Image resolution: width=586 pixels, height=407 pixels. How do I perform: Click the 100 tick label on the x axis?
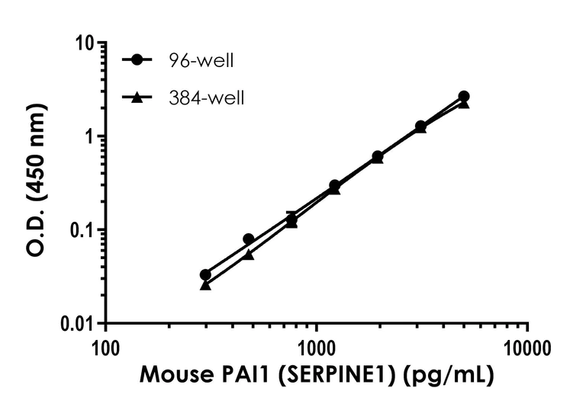(105, 349)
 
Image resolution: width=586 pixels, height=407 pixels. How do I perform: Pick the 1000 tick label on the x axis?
(316, 349)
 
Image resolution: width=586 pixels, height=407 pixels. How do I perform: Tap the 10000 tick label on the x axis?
(527, 349)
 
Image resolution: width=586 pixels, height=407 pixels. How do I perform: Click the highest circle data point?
(464, 97)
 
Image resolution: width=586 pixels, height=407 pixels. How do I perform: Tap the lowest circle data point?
(205, 275)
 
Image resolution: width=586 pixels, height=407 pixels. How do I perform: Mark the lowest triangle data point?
(205, 284)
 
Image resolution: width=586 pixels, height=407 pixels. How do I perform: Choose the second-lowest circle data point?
(249, 239)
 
